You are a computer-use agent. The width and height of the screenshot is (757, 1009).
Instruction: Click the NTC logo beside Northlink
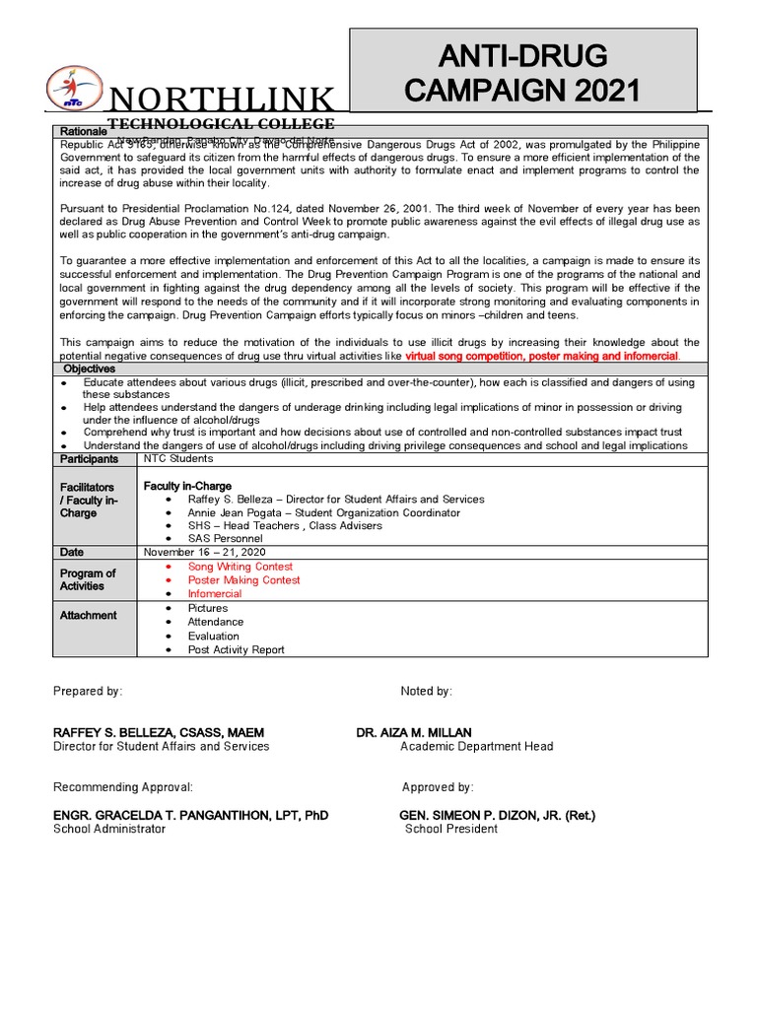72,88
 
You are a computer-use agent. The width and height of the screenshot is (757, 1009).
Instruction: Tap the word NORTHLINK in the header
220,100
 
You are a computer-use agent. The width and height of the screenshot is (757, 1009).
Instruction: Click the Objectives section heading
90,369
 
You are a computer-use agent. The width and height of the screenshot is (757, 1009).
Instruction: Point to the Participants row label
89,459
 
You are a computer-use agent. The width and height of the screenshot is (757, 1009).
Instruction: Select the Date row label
72,553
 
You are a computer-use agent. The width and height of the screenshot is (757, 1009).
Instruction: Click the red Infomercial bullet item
218,594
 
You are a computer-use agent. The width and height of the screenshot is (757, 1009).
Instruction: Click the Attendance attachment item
216,622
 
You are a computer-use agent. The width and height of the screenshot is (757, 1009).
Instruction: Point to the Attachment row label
88,615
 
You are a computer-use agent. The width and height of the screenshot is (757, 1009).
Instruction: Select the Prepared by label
88,692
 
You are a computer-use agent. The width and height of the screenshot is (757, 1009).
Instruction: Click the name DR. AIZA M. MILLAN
414,732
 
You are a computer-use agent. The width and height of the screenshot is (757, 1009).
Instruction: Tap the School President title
451,829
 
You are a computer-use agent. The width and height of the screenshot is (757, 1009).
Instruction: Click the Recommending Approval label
123,787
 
